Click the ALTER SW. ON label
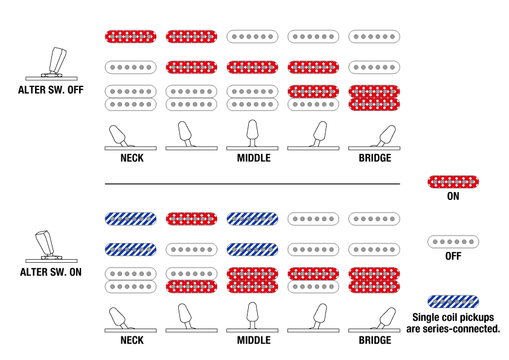(51, 272)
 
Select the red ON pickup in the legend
(453, 182)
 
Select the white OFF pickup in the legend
(453, 242)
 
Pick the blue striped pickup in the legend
(453, 301)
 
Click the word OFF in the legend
(453, 256)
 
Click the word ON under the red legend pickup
(453, 196)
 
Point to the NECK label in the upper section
(132, 158)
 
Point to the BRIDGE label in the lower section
(375, 340)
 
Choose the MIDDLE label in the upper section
(253, 158)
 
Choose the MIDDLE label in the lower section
(253, 340)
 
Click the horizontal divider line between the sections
(252, 184)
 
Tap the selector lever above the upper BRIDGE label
(386, 135)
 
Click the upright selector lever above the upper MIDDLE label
(253, 133)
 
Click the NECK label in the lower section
(132, 340)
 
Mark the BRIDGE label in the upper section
(375, 158)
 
